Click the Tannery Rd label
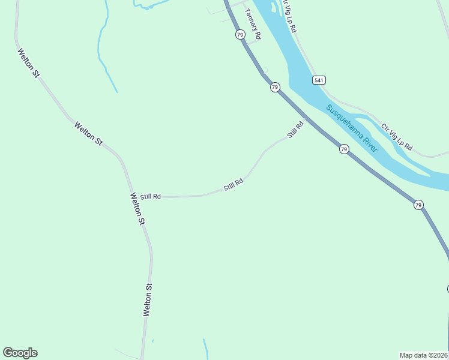click(253, 23)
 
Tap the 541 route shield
click(319, 80)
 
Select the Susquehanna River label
click(352, 128)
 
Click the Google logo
click(20, 353)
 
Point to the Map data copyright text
click(424, 355)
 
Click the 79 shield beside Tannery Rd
click(240, 35)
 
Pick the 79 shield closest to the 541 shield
click(274, 88)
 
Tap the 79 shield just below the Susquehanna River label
click(343, 149)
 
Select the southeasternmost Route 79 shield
click(418, 205)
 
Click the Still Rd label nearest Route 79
click(295, 130)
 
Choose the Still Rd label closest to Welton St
click(151, 196)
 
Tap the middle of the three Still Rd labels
click(233, 184)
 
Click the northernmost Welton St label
click(28, 63)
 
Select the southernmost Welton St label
click(148, 300)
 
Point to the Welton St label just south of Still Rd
click(137, 209)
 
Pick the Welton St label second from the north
click(88, 133)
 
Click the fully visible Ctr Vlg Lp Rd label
click(397, 137)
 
